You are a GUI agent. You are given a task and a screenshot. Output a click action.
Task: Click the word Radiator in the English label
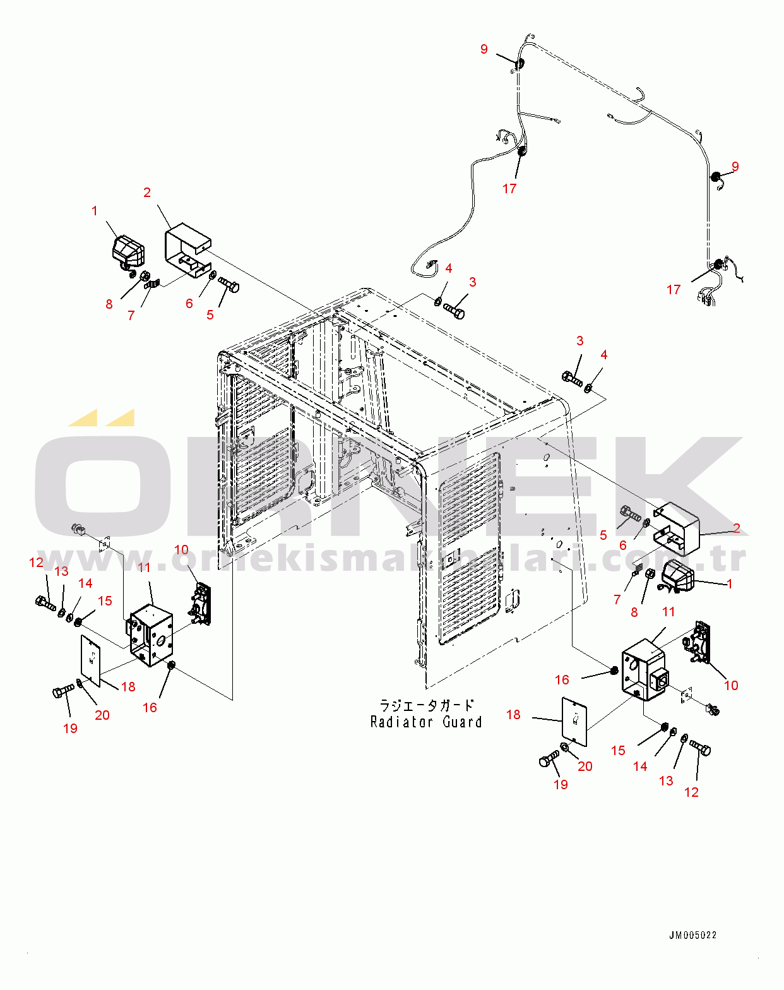(x=401, y=722)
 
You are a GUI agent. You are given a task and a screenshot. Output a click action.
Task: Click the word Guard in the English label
(x=462, y=722)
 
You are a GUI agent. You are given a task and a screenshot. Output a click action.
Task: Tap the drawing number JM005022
(x=692, y=935)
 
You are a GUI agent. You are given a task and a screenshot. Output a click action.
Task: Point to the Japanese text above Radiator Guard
(x=426, y=705)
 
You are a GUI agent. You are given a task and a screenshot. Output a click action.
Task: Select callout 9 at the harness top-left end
(x=484, y=49)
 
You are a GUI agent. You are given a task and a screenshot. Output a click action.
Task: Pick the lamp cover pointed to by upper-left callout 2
(x=187, y=249)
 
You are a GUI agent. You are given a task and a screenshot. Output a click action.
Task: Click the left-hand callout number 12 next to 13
(x=37, y=562)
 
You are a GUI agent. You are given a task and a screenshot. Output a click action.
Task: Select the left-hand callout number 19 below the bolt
(x=70, y=728)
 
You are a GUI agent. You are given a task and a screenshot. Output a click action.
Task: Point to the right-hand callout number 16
(x=562, y=679)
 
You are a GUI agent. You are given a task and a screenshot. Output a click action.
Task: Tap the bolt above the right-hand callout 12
(x=699, y=748)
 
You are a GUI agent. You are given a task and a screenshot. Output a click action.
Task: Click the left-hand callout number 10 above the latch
(x=182, y=549)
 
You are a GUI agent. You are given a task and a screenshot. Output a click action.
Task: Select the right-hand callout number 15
(x=618, y=750)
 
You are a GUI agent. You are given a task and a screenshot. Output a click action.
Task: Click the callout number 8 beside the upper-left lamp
(x=109, y=304)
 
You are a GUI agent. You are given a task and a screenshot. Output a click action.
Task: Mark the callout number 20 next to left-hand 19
(x=102, y=715)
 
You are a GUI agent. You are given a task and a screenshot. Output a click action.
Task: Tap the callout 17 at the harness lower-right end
(x=674, y=289)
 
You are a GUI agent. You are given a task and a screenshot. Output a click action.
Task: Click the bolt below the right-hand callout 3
(x=572, y=379)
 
